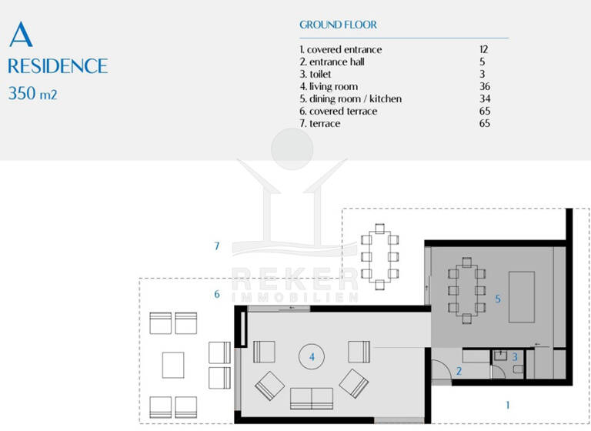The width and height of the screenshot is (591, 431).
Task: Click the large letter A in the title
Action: pos(21,35)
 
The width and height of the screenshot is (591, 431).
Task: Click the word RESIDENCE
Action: pos(58,65)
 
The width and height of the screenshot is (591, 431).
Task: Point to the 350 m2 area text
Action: pos(33,95)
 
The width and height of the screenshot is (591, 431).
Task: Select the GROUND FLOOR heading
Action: pos(338,25)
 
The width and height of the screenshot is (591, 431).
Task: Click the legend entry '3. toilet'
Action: pos(320,75)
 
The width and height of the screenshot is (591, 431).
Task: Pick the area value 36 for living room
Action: pos(484,87)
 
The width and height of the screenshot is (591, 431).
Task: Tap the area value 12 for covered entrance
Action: pos(483,50)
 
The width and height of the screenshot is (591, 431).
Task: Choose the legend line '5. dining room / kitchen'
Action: pos(350,99)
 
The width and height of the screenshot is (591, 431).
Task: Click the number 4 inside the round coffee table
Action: pos(312,357)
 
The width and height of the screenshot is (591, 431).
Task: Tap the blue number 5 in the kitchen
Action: pos(498,298)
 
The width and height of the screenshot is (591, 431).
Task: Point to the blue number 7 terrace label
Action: pos(218,246)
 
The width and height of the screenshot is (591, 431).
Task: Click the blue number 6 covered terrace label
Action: pos(217,294)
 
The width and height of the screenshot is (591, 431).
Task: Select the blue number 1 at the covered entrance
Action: pos(507,403)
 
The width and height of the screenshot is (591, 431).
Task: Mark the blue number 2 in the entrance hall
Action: pos(459,371)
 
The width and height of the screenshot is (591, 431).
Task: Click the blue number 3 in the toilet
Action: pos(515,357)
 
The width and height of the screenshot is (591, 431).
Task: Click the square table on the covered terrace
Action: pos(173,365)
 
